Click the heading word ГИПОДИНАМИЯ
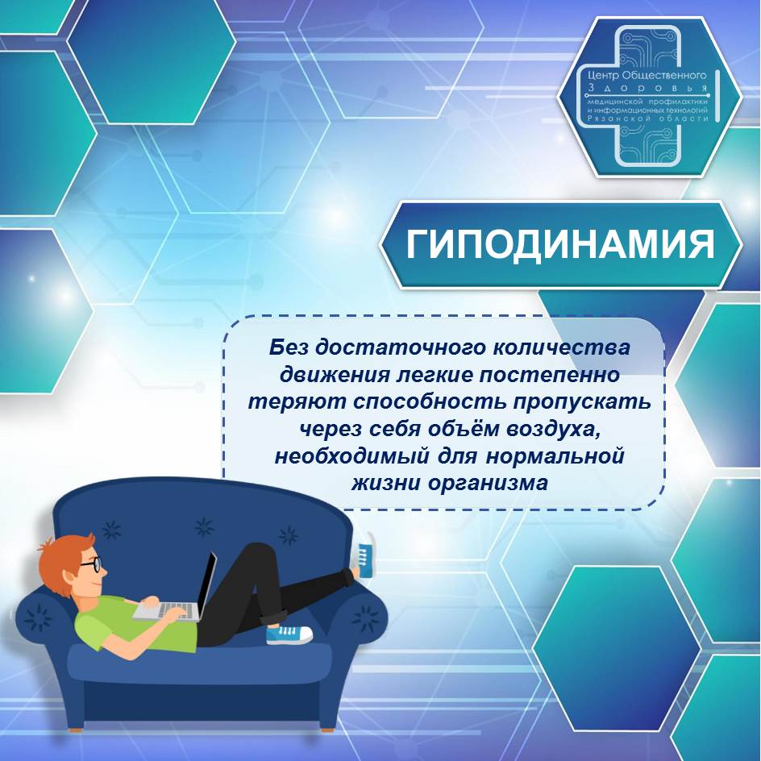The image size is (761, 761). coord(560,244)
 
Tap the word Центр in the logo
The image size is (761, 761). coord(602,75)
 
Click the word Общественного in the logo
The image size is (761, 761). coord(664,75)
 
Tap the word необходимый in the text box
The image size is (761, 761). coord(351,456)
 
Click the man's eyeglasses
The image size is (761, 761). coord(93,564)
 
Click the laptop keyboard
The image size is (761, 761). coord(166,611)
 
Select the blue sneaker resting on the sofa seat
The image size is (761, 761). coord(289,634)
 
